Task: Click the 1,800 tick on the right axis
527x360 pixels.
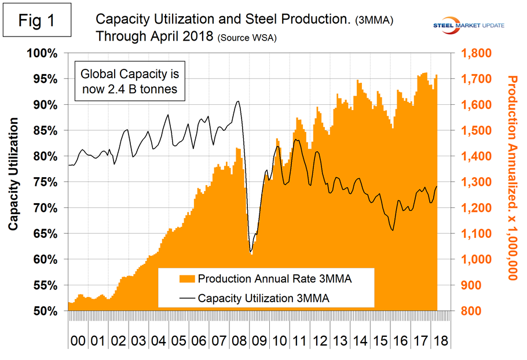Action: pyautogui.click(x=473, y=53)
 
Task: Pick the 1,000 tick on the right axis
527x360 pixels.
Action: pyautogui.click(x=473, y=259)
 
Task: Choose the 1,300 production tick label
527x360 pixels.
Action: pyautogui.click(x=473, y=182)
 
